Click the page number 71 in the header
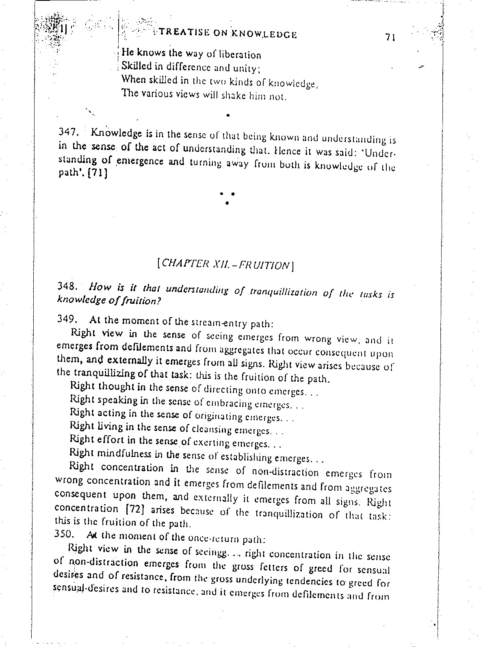(390, 37)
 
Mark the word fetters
(299, 568)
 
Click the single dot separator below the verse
(229, 115)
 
